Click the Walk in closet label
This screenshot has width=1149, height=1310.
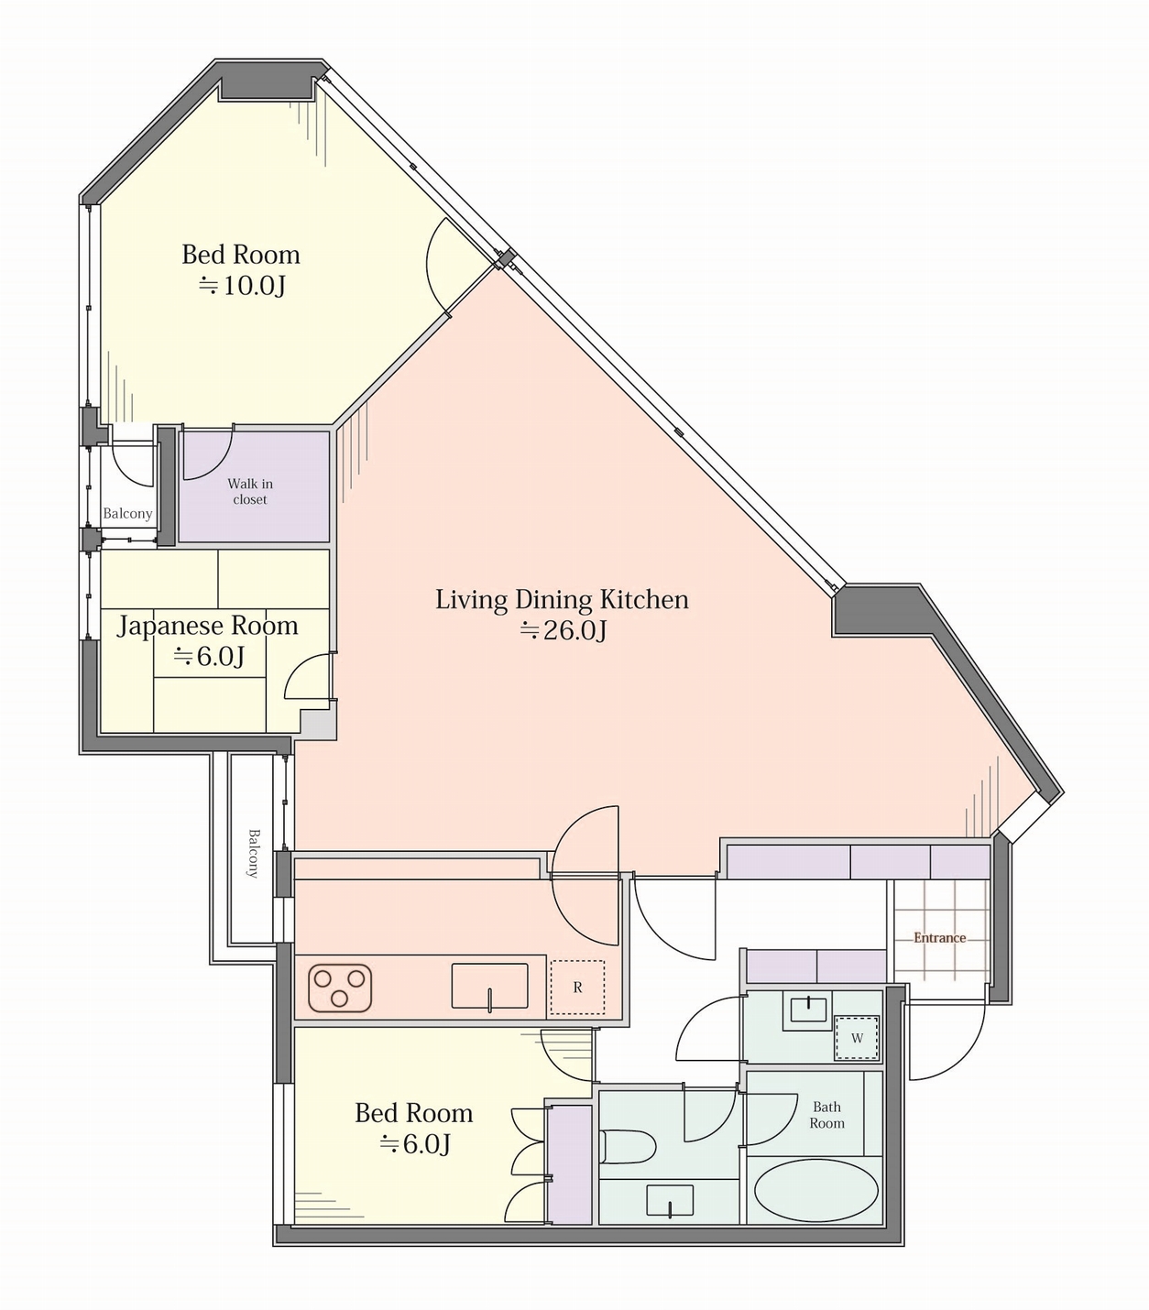pyautogui.click(x=250, y=491)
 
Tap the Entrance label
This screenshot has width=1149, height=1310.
pyautogui.click(x=939, y=937)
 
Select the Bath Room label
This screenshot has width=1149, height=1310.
pyautogui.click(x=826, y=1115)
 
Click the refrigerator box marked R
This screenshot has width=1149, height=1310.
pyautogui.click(x=577, y=988)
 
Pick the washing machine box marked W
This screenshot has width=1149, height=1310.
pyautogui.click(x=857, y=1038)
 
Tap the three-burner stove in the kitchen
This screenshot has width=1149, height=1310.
pyautogui.click(x=340, y=988)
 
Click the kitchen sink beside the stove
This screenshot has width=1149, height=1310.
pyautogui.click(x=489, y=986)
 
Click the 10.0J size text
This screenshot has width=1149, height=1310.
pyautogui.click(x=242, y=285)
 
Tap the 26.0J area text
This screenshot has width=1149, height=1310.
pyautogui.click(x=564, y=629)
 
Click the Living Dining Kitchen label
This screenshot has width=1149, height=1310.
pyautogui.click(x=562, y=599)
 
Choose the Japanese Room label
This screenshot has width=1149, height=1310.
pyautogui.click(x=207, y=626)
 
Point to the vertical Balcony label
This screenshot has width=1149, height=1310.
pyautogui.click(x=253, y=853)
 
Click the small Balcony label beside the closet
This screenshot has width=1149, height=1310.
pyautogui.click(x=127, y=513)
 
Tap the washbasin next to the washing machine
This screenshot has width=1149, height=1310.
pyautogui.click(x=808, y=1014)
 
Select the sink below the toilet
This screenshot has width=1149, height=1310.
pyautogui.click(x=670, y=1200)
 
